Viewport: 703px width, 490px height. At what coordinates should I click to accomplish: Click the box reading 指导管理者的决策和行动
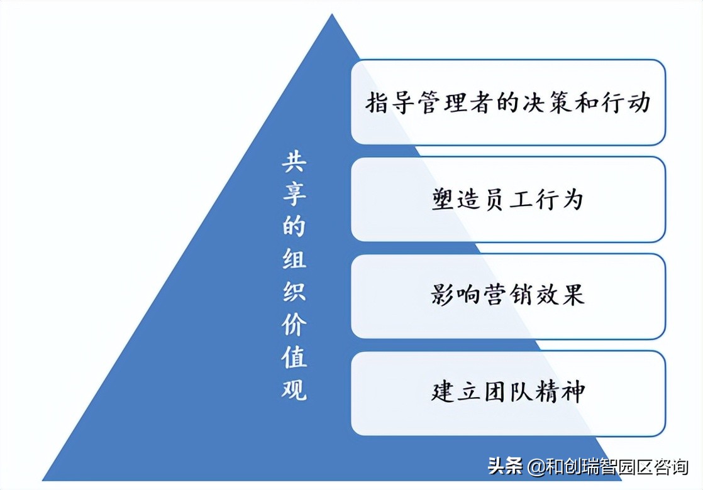pyautogui.click(x=507, y=102)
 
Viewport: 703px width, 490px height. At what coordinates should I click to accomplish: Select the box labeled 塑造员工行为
pyautogui.click(x=507, y=199)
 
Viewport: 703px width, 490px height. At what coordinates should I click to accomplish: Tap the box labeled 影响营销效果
pyautogui.click(x=507, y=296)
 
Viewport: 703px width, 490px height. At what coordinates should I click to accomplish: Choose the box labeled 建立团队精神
pyautogui.click(x=507, y=393)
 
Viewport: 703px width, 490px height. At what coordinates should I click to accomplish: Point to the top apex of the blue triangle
pyautogui.click(x=331, y=15)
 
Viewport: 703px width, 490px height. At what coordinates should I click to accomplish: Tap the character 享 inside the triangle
pyautogui.click(x=293, y=195)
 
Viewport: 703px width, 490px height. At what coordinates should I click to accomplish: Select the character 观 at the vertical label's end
pyautogui.click(x=293, y=389)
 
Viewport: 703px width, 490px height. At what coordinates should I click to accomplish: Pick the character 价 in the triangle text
pyautogui.click(x=293, y=325)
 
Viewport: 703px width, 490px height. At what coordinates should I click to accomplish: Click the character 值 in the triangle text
pyautogui.click(x=293, y=357)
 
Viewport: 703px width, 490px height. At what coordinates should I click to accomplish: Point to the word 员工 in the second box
pyautogui.click(x=507, y=200)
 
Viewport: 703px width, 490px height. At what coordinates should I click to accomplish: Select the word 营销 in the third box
pyautogui.click(x=507, y=296)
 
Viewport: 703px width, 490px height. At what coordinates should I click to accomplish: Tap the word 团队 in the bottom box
pyautogui.click(x=507, y=393)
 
